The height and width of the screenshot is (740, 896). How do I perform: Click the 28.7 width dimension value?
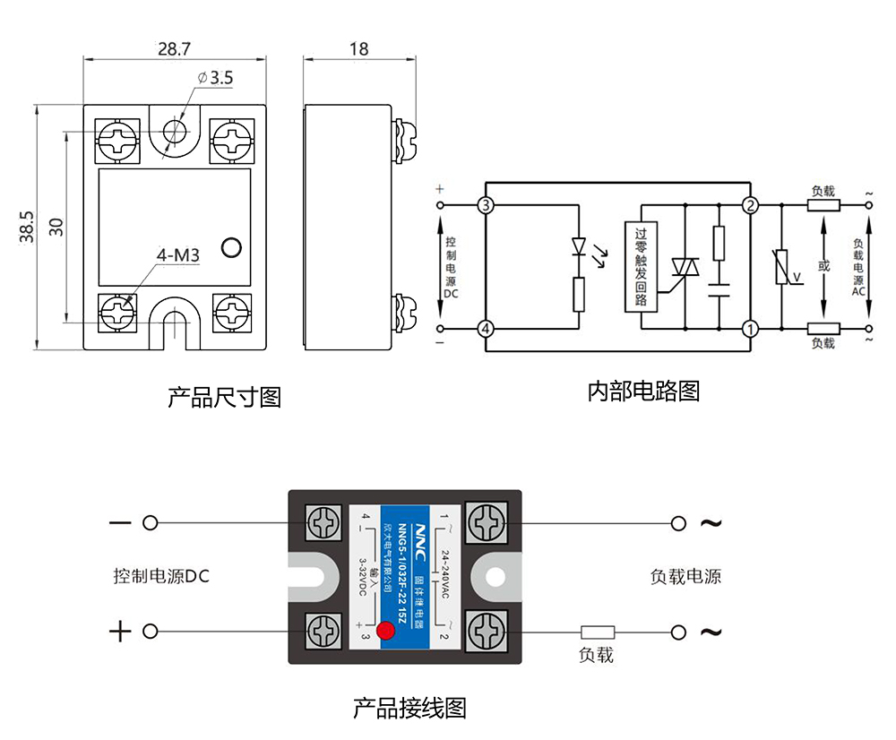click(176, 48)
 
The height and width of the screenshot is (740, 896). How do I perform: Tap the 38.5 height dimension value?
click(26, 227)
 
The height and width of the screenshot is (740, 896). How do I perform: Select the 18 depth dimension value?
click(358, 48)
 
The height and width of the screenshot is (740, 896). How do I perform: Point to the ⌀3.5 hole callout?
click(214, 78)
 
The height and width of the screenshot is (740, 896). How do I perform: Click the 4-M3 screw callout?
click(177, 256)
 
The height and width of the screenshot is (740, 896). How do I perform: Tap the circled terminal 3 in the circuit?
click(486, 206)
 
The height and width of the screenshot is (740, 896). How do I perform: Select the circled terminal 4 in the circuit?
click(486, 329)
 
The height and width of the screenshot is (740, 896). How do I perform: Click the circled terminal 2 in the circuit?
click(749, 206)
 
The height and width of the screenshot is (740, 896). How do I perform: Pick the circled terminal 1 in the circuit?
click(749, 329)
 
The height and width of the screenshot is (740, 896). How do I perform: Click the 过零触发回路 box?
click(639, 266)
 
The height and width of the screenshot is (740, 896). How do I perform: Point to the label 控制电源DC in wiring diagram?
click(161, 576)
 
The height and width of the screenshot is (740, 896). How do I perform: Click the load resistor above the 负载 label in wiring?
click(598, 632)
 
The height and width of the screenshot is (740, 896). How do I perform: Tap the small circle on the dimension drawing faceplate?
click(232, 247)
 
